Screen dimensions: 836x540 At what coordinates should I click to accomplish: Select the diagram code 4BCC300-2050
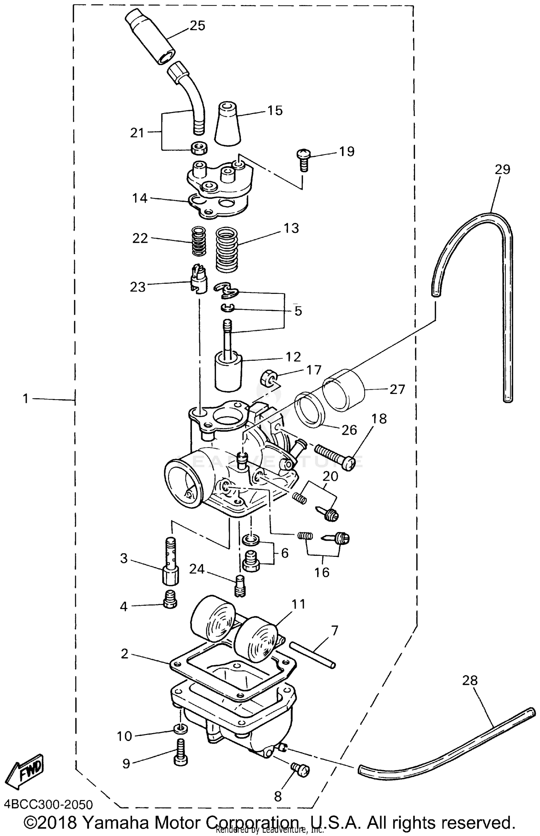(48, 805)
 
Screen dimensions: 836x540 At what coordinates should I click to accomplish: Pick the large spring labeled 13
(227, 248)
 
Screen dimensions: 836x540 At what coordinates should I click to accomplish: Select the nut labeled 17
(267, 378)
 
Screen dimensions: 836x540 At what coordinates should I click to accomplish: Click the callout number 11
(299, 604)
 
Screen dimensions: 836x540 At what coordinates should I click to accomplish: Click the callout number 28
(469, 681)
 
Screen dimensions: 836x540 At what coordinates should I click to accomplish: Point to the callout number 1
(25, 399)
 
